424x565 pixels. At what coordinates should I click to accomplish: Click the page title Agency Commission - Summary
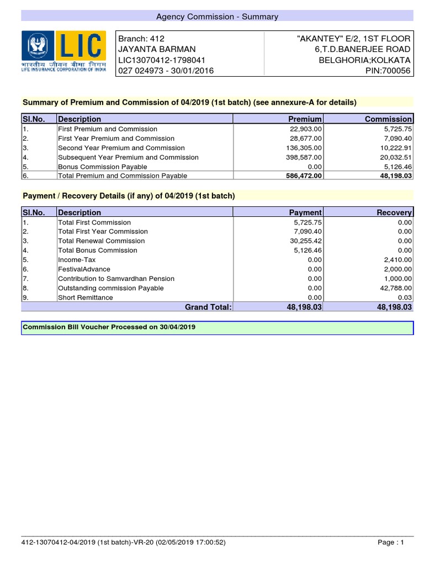point(217,17)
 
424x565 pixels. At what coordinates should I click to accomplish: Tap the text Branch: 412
point(142,38)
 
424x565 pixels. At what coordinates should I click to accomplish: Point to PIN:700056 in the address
point(388,71)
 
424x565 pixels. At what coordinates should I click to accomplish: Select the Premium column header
point(305,119)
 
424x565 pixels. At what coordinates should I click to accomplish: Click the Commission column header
point(388,119)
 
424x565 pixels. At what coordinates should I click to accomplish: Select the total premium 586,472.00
point(301,176)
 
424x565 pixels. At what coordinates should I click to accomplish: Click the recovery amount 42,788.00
point(394,288)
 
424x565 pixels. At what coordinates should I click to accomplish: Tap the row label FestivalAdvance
point(84,269)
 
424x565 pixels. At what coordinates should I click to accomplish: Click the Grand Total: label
point(208,307)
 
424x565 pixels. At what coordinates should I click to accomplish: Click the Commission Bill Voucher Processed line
point(109,327)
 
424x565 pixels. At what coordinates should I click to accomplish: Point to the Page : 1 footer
point(391,542)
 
